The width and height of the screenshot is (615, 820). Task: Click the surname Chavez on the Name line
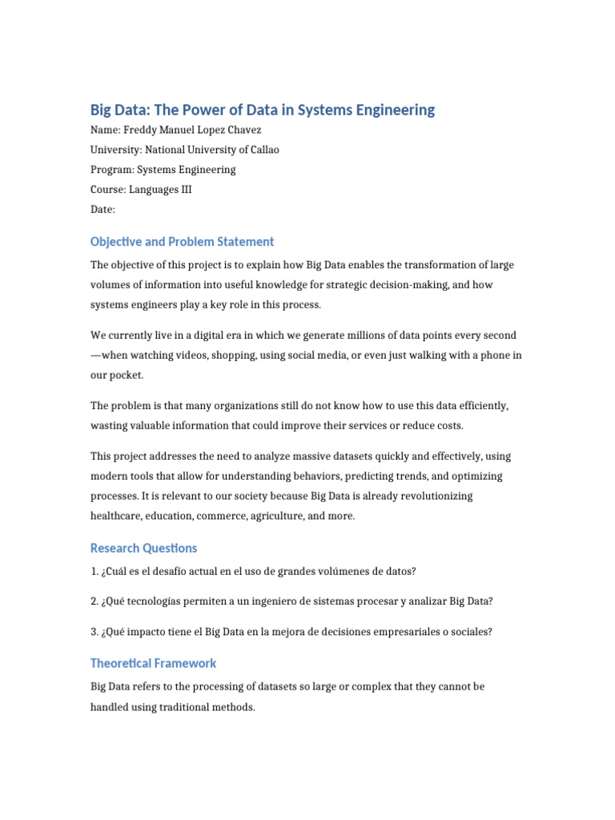coord(243,130)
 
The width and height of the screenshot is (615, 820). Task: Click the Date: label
coord(102,210)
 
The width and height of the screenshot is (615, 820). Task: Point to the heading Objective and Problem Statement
coord(182,241)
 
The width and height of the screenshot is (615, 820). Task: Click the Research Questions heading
coord(143,548)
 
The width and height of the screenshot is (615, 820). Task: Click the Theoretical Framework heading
coord(153,663)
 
